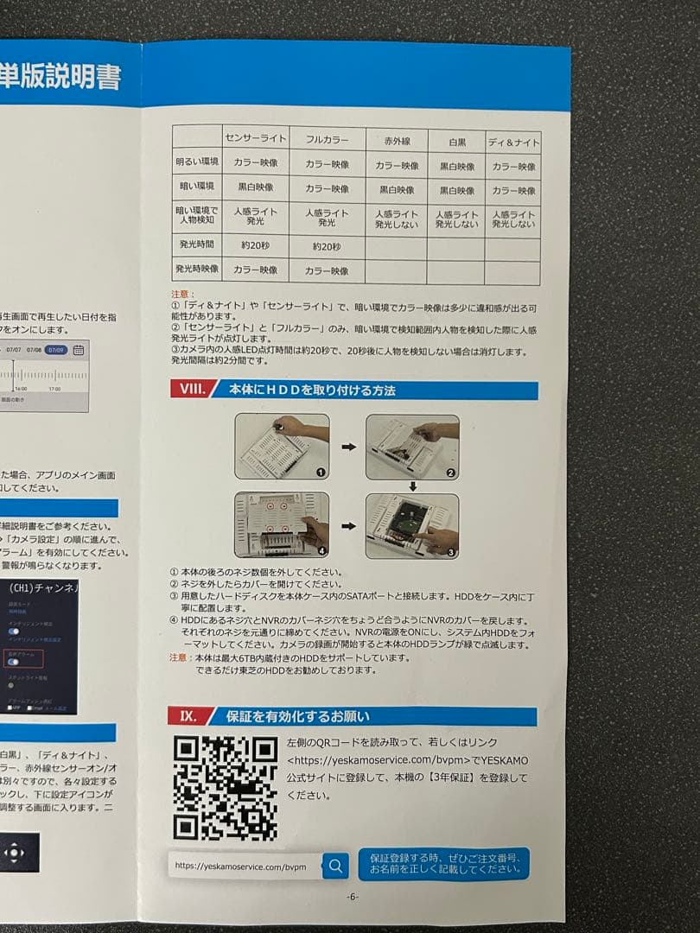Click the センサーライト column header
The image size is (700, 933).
point(256,138)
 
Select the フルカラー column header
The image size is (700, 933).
point(326,139)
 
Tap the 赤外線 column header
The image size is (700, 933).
point(396,141)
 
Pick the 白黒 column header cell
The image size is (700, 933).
point(457,142)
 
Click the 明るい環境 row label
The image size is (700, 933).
point(197,162)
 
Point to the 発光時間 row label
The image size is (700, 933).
point(197,244)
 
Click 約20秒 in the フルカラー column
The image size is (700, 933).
point(326,247)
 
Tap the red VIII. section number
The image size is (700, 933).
point(189,390)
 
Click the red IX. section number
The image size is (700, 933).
point(188,716)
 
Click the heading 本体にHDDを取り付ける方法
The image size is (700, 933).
point(312,390)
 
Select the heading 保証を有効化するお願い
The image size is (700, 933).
point(297,717)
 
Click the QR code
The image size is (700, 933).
point(225,788)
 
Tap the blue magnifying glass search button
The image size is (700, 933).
point(335,865)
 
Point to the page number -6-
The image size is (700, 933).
point(352,897)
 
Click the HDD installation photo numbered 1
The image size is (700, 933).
point(283,447)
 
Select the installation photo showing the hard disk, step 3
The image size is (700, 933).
point(412,524)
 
